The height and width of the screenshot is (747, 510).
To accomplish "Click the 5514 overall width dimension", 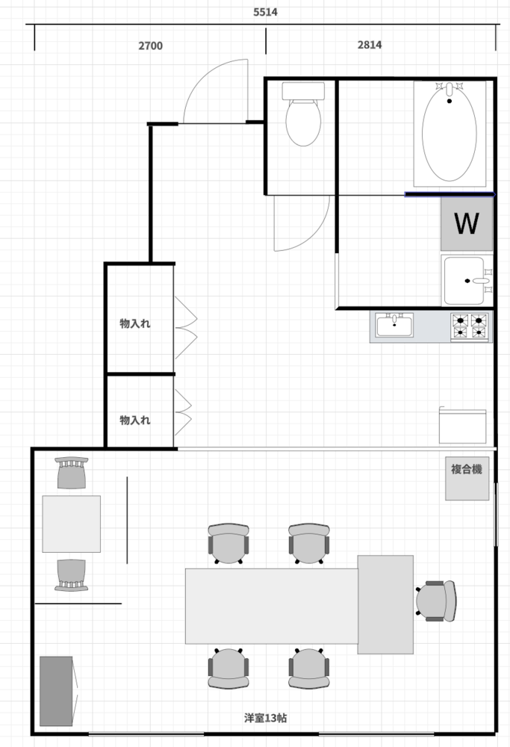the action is (265, 12).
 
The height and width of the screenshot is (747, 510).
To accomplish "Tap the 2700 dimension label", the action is (151, 46).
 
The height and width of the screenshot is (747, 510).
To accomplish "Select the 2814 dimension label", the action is (370, 45).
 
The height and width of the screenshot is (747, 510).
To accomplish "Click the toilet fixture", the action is (303, 114).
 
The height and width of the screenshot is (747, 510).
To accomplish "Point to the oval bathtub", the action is (450, 134).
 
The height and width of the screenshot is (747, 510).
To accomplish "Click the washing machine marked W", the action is (467, 223).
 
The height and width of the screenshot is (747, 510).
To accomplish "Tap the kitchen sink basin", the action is (394, 325).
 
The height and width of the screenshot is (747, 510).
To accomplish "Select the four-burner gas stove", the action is (470, 326).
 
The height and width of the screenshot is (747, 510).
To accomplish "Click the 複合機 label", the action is (467, 469).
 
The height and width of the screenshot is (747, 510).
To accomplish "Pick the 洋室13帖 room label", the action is (265, 718).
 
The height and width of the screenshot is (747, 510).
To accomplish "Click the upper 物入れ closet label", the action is (134, 323).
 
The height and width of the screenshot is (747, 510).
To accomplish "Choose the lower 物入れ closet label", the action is (134, 420).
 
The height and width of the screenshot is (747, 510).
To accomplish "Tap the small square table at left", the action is (72, 524).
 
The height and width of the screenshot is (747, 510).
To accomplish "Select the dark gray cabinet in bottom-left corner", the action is (56, 691).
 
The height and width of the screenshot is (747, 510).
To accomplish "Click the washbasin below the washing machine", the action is (467, 281).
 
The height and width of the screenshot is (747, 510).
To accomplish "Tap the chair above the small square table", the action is (72, 473).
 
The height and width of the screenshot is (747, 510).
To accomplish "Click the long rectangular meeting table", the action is (272, 606).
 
